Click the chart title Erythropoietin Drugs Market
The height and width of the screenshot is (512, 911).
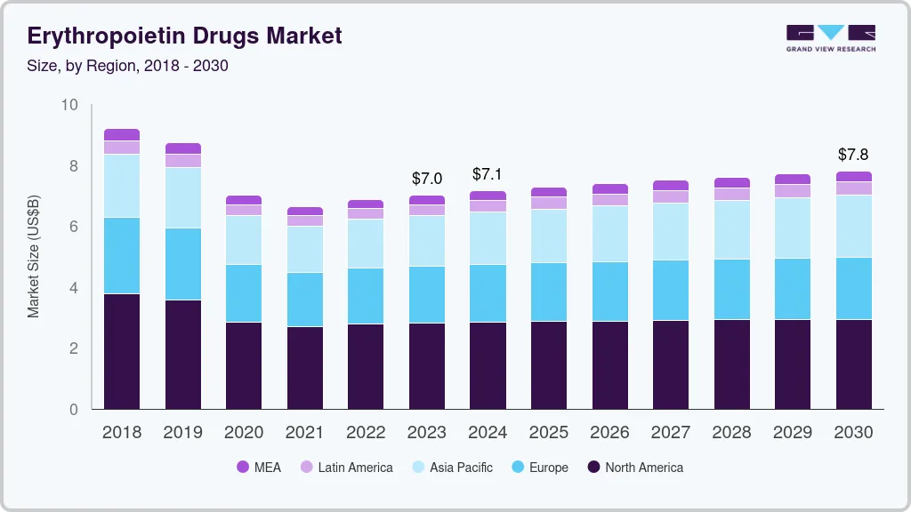pyautogui.click(x=184, y=36)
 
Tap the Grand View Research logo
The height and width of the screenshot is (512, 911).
pyautogui.click(x=830, y=37)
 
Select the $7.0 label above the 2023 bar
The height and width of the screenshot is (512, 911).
pyautogui.click(x=426, y=179)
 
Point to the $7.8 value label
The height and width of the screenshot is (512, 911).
pyautogui.click(x=853, y=155)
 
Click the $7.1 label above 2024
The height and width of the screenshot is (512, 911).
pyautogui.click(x=488, y=173)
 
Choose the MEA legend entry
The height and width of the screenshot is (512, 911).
pyautogui.click(x=258, y=467)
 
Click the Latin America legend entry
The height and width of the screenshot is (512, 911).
pyautogui.click(x=346, y=467)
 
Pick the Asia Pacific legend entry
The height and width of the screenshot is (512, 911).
pyautogui.click(x=452, y=467)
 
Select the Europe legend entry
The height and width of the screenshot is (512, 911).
pyautogui.click(x=540, y=467)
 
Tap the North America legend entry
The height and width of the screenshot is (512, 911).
pyautogui.click(x=635, y=467)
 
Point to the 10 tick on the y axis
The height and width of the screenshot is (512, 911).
pyautogui.click(x=69, y=105)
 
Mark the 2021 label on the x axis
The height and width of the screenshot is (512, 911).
pyautogui.click(x=305, y=432)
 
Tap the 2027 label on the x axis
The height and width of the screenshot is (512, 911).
pyautogui.click(x=671, y=432)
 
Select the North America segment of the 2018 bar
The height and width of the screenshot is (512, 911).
pyautogui.click(x=122, y=351)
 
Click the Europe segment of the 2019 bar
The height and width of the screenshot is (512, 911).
pyautogui.click(x=182, y=264)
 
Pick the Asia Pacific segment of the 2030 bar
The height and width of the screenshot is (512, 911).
pyautogui.click(x=853, y=226)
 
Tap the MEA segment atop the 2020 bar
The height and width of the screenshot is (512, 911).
pyautogui.click(x=244, y=200)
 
